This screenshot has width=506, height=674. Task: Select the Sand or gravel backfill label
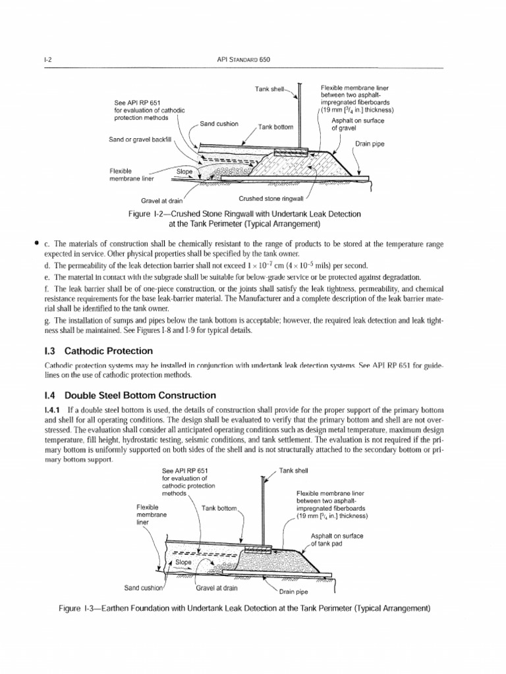pos(140,140)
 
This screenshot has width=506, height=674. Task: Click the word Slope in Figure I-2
pos(186,172)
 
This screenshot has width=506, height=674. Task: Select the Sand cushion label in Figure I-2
pos(219,124)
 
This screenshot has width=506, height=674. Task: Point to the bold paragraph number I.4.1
pos(55,410)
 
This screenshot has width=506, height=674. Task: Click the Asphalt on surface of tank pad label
pos(337,539)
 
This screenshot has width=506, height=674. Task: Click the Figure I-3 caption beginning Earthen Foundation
pos(244,608)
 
